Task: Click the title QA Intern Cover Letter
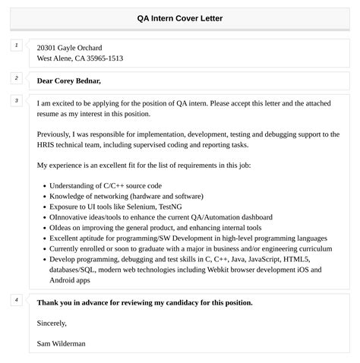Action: coord(180,18)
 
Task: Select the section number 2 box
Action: coord(16,77)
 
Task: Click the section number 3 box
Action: coord(16,100)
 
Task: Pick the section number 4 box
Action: coord(16,300)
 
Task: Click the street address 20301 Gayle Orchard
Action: coord(69,47)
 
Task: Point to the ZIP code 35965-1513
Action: coord(106,58)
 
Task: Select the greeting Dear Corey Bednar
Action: coord(68,80)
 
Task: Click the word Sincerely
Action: coord(52,323)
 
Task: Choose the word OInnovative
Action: coord(75,216)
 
